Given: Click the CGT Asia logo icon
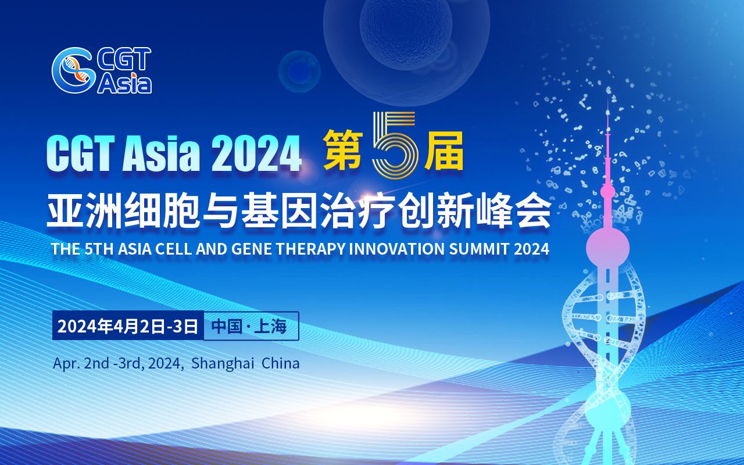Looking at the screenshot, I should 72,70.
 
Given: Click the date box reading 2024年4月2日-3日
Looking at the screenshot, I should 128,326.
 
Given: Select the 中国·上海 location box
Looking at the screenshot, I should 250,326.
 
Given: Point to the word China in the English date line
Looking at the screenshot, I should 281,364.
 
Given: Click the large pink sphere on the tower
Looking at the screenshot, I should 607,247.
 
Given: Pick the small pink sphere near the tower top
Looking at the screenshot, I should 607,191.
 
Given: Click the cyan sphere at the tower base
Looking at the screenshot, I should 607,409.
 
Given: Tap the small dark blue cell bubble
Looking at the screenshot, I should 299,71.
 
